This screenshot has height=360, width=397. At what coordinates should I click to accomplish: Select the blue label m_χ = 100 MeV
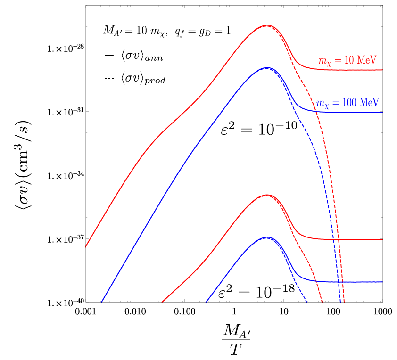click(x=347, y=103)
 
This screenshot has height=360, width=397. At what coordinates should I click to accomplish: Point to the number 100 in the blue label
click(x=350, y=103)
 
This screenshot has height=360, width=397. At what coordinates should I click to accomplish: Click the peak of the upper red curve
click(x=266, y=25)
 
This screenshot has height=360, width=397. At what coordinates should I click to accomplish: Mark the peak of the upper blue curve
click(x=266, y=67)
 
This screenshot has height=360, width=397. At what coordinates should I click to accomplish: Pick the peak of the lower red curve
click(x=267, y=195)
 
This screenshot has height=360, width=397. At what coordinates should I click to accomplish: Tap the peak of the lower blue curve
click(x=267, y=237)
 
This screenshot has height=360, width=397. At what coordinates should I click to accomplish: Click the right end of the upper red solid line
click(x=382, y=70)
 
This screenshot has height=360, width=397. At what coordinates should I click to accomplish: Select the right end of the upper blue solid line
click(x=382, y=112)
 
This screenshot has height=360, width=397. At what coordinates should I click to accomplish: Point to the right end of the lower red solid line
click(x=382, y=239)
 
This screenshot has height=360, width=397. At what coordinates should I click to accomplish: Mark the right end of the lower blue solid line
click(x=382, y=282)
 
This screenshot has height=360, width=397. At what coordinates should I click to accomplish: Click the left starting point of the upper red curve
click(x=85, y=247)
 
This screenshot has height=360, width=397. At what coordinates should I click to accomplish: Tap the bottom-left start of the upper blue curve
click(x=101, y=302)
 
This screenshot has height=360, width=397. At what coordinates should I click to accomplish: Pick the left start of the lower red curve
click(x=162, y=302)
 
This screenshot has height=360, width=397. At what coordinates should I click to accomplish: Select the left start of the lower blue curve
click(x=206, y=302)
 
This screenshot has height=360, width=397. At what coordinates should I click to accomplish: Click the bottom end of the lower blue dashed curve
click(x=307, y=302)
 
